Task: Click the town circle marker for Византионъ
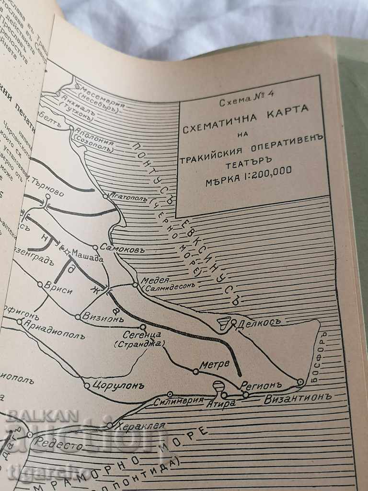(x=300, y=382)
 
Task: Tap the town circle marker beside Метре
(x=195, y=371)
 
